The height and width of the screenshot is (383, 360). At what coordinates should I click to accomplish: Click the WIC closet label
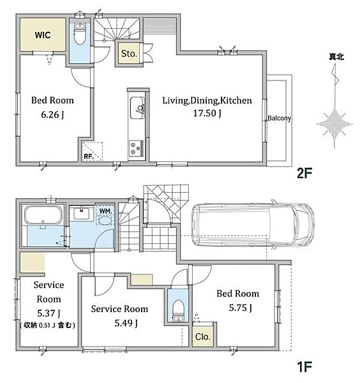click(43, 35)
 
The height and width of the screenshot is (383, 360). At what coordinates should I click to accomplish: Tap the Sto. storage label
click(129, 54)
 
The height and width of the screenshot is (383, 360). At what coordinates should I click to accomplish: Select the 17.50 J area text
click(207, 114)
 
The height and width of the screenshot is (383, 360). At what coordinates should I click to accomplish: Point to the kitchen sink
click(137, 108)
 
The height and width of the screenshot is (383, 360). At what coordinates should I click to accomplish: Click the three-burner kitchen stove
click(136, 148)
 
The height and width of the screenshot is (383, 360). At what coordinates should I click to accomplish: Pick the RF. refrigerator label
click(89, 156)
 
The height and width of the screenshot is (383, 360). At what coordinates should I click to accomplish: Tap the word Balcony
click(279, 118)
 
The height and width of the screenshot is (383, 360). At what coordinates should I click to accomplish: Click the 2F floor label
click(304, 174)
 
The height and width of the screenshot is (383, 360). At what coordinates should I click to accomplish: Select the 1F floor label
click(304, 366)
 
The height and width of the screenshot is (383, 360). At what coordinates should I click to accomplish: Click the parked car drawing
click(253, 225)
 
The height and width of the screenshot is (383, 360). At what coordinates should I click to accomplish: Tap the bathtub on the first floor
click(43, 215)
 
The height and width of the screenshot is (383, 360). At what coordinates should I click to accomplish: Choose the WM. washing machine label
click(105, 211)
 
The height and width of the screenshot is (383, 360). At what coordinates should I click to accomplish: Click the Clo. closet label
click(203, 337)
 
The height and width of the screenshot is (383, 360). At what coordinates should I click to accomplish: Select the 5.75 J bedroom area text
click(241, 308)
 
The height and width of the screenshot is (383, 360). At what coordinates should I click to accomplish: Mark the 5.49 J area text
click(126, 323)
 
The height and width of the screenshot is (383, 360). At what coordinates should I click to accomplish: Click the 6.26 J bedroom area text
click(52, 114)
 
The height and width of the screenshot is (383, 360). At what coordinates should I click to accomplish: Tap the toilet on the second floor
click(79, 34)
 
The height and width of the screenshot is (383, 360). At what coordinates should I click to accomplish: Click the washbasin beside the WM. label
click(82, 213)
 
